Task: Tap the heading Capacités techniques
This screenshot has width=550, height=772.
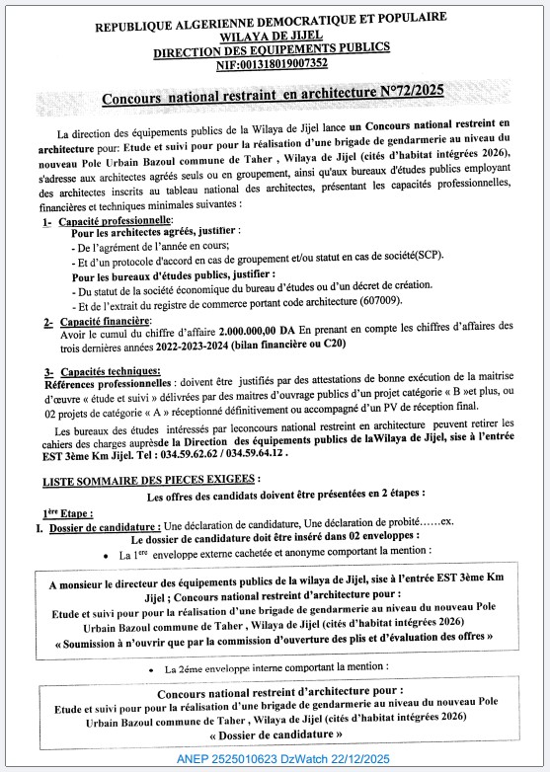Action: pyautogui.click(x=102, y=370)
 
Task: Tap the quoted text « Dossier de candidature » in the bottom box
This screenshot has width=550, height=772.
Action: pyautogui.click(x=274, y=736)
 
